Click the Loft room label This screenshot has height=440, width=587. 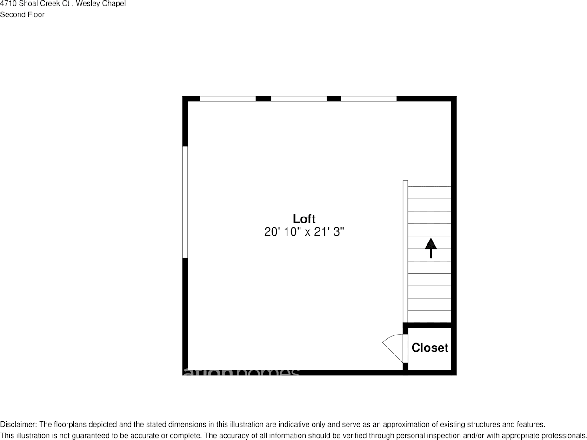[x=304, y=219]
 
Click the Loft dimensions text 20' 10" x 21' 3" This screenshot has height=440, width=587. [x=304, y=231]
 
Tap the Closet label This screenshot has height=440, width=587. [x=430, y=348]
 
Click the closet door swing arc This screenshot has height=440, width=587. [x=392, y=346]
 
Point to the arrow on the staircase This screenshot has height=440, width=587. [x=431, y=248]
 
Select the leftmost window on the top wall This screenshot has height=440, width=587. [x=228, y=99]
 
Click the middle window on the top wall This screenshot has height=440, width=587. [x=299, y=99]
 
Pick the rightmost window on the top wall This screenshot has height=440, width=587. [x=369, y=99]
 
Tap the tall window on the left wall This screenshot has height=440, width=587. [x=185, y=202]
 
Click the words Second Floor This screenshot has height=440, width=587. [x=22, y=14]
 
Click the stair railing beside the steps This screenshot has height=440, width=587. [x=406, y=251]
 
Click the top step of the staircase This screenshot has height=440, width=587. [x=429, y=193]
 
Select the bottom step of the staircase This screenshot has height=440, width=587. [x=429, y=317]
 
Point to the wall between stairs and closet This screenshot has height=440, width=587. [x=429, y=325]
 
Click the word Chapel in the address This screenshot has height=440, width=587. [x=114, y=4]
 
